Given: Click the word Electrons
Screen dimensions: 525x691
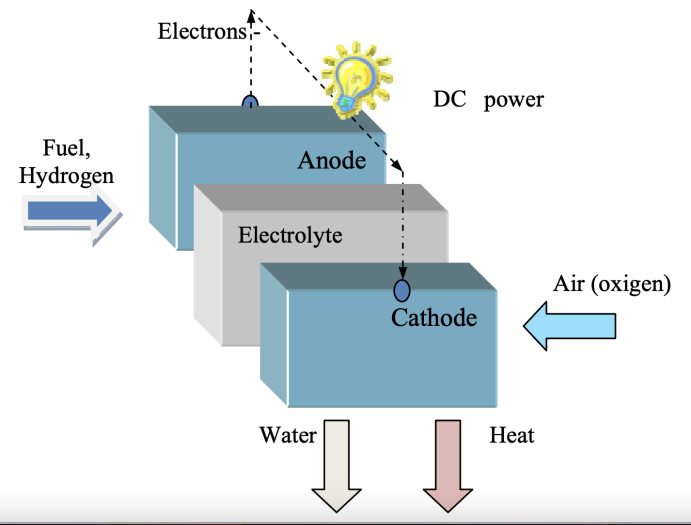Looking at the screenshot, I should (x=201, y=31).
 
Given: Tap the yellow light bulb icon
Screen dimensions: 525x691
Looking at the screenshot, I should (x=355, y=77).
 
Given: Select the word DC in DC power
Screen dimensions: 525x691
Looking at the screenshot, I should (x=449, y=100).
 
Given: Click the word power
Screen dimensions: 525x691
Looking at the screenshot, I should (x=514, y=101).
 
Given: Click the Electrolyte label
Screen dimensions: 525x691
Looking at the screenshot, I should (x=290, y=236).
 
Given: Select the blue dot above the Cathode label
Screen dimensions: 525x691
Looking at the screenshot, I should (x=402, y=290).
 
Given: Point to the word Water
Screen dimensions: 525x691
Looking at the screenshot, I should (x=288, y=436).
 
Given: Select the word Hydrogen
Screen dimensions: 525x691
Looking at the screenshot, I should (x=66, y=175).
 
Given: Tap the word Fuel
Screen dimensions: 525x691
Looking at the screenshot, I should (x=67, y=149).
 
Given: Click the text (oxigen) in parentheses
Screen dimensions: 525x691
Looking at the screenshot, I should (x=629, y=285).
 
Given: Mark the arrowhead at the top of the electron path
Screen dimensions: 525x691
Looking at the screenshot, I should (x=253, y=14).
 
